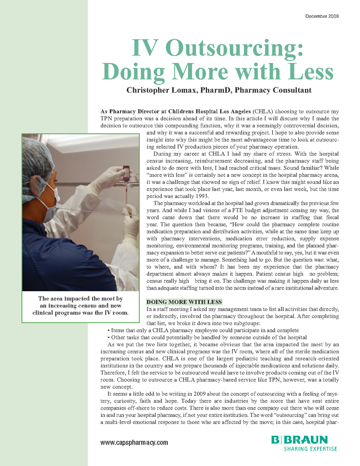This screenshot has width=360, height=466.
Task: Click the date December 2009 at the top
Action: [322, 16]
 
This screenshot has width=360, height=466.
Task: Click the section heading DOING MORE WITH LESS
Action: [184, 302]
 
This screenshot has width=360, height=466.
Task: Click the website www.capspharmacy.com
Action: [134, 442]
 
